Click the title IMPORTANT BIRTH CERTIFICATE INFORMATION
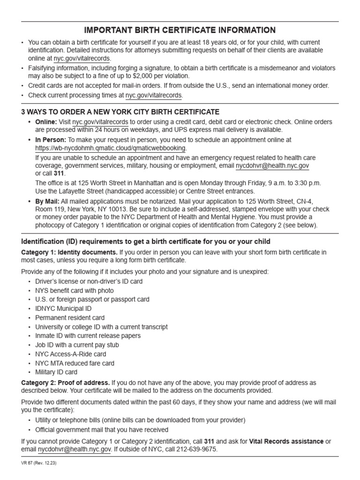[180, 30]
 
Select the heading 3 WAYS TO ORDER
[120, 112]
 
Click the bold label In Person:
[51, 140]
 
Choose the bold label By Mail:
[47, 201]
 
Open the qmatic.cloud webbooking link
[111, 148]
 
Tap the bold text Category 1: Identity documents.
[70, 252]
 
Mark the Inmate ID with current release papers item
[88, 336]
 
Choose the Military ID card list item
[56, 372]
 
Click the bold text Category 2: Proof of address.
[66, 382]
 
